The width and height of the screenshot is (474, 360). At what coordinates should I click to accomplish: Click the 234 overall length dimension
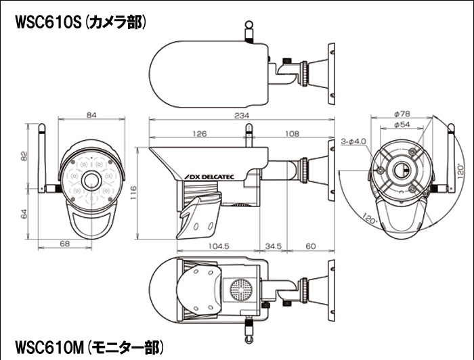(240, 116)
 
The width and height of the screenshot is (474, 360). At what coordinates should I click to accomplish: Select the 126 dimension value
(200, 134)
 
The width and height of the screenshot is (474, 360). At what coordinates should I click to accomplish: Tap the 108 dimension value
(293, 134)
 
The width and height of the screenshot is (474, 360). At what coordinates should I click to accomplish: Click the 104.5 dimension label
(219, 246)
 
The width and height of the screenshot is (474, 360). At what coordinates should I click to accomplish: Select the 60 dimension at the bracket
(309, 246)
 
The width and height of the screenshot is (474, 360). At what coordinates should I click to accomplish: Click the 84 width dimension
(92, 116)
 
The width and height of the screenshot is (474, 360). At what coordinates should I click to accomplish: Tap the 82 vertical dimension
(23, 157)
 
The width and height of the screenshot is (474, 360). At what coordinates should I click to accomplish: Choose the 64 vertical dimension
(23, 214)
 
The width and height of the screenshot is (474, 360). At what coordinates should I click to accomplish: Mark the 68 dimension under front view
(66, 244)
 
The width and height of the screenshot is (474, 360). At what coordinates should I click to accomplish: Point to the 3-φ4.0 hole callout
(353, 141)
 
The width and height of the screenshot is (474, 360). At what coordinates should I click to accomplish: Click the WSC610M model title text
(88, 348)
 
